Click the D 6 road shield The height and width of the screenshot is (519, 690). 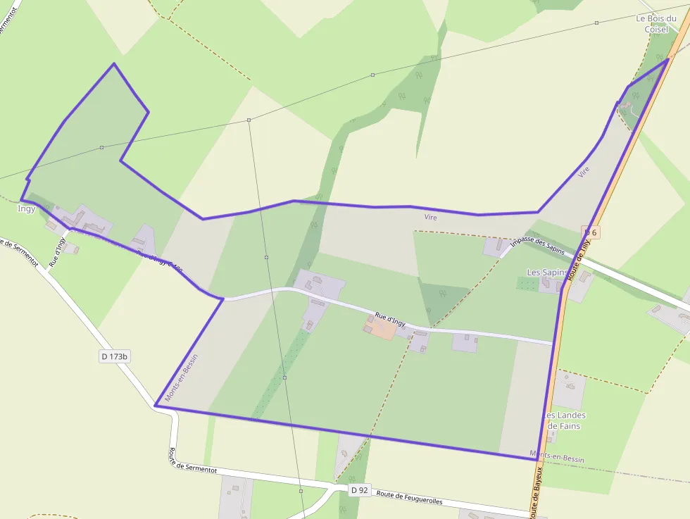pyautogui.click(x=590, y=232)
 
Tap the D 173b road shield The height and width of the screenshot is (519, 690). pyautogui.click(x=114, y=356)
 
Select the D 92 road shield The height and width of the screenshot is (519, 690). pyautogui.click(x=359, y=489)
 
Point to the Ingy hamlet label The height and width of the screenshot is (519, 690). pyautogui.click(x=27, y=208)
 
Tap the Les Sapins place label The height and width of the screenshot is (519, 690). pyautogui.click(x=547, y=272)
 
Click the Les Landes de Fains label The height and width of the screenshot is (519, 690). pyautogui.click(x=566, y=420)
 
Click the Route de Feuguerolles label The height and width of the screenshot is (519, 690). pyautogui.click(x=409, y=497)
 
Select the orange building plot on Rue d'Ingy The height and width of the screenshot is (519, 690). pyautogui.click(x=380, y=327)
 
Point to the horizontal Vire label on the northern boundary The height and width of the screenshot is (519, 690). pyautogui.click(x=431, y=218)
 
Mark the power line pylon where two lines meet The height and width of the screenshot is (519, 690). pyautogui.click(x=249, y=120)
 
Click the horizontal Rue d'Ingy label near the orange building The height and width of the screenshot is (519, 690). pyautogui.click(x=390, y=320)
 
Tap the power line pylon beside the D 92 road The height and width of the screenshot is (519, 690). pyautogui.click(x=301, y=491)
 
